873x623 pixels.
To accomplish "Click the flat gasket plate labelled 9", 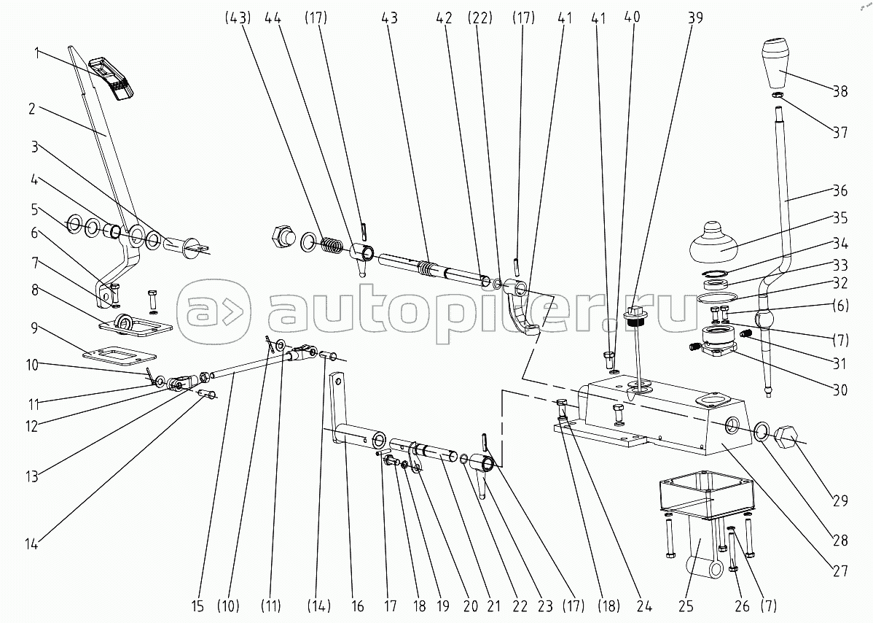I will [120, 355].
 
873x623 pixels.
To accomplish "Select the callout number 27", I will [840, 568].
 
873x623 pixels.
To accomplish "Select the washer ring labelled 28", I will [760, 431].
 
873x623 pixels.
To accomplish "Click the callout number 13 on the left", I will [31, 477].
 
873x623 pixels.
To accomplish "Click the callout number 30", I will [840, 390].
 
